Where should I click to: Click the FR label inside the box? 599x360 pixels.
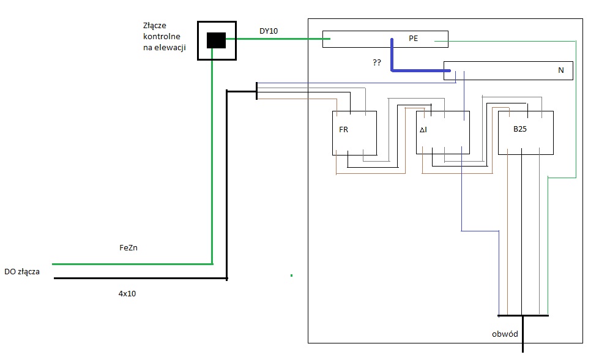coord(343,130)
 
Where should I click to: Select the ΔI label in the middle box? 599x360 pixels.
coord(423,130)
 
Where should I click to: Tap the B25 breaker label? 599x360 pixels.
coord(520,129)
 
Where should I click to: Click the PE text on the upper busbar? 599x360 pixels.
coord(414,38)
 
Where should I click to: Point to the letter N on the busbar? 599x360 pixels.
coord(561,70)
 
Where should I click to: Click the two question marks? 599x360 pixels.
coord(377,62)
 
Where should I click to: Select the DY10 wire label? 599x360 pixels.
coord(269,31)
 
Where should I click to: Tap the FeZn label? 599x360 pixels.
coord(128,247)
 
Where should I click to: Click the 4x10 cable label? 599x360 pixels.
coord(127,293)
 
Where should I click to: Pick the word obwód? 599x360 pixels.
coord(505,334)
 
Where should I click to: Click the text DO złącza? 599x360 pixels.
coord(22,272)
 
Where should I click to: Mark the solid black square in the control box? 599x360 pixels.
coord(216,40)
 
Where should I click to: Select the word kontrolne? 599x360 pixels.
coord(162,36)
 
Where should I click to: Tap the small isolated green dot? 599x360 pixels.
coord(291,275)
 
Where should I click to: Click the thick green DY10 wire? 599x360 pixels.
coord(278,39)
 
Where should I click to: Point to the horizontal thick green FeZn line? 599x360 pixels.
coord(132,264)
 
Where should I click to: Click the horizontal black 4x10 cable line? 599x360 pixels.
coord(141,278)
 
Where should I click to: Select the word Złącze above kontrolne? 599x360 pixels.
coord(155,26)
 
